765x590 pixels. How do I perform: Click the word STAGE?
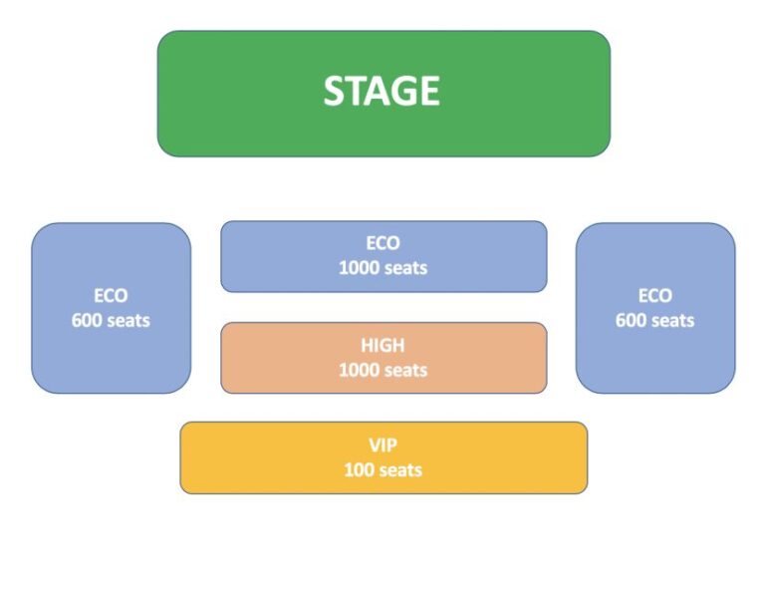(x=382, y=91)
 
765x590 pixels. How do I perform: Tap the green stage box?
(x=383, y=94)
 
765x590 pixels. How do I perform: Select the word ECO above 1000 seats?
(x=382, y=243)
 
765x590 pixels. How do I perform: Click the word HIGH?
(x=382, y=346)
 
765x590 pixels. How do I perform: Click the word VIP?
(x=382, y=445)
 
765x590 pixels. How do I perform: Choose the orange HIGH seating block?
(x=383, y=358)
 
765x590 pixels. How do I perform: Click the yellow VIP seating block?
(x=383, y=457)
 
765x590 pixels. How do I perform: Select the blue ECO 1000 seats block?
(x=383, y=257)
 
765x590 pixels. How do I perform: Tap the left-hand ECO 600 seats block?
(x=112, y=308)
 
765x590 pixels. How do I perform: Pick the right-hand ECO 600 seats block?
(x=655, y=308)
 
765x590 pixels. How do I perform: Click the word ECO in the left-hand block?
(x=111, y=296)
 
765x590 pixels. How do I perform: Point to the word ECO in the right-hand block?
(x=655, y=296)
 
